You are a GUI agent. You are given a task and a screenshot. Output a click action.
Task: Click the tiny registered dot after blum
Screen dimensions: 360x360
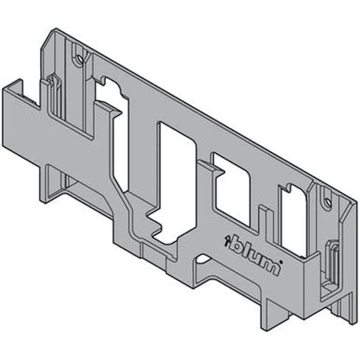click(281, 261)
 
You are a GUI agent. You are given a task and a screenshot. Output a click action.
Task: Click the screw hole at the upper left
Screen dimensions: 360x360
click(80, 60)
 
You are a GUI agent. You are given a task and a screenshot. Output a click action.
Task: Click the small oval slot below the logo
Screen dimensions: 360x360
click(204, 259)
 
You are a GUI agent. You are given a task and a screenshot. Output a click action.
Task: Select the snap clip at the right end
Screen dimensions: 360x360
click(331, 266)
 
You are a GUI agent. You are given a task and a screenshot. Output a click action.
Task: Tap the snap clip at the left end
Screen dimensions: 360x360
click(52, 94)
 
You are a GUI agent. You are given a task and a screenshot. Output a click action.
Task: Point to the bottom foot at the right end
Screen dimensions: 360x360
click(342, 312)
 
